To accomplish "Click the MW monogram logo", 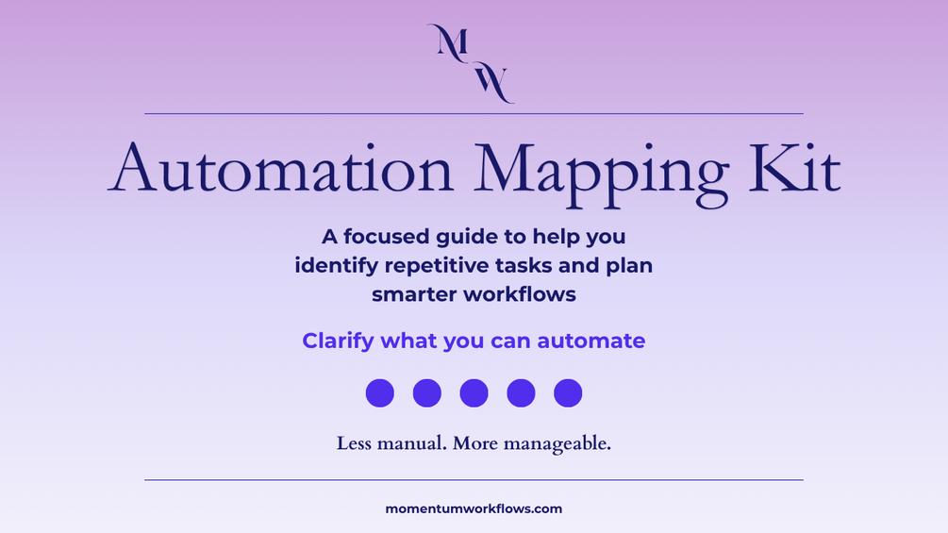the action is point(471,63).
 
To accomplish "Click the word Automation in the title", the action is point(280,169).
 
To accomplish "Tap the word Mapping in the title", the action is point(601,174).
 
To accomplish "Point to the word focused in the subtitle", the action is point(387,236).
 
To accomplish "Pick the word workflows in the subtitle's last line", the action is point(520,294).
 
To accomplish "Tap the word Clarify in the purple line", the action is point(338,341).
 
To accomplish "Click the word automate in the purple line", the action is point(591,341).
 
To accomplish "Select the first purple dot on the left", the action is point(380,392).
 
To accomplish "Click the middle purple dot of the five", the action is point(474,392).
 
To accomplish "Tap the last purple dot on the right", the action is point(568,392).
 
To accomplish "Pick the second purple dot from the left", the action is point(427,392).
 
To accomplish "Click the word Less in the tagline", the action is point(354,443).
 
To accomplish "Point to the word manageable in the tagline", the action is point(557,444).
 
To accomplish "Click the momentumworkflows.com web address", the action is point(474,508).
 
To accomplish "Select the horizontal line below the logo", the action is point(474,113).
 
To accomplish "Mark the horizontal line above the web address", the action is point(474,480).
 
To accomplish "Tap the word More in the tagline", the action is point(475,443).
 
